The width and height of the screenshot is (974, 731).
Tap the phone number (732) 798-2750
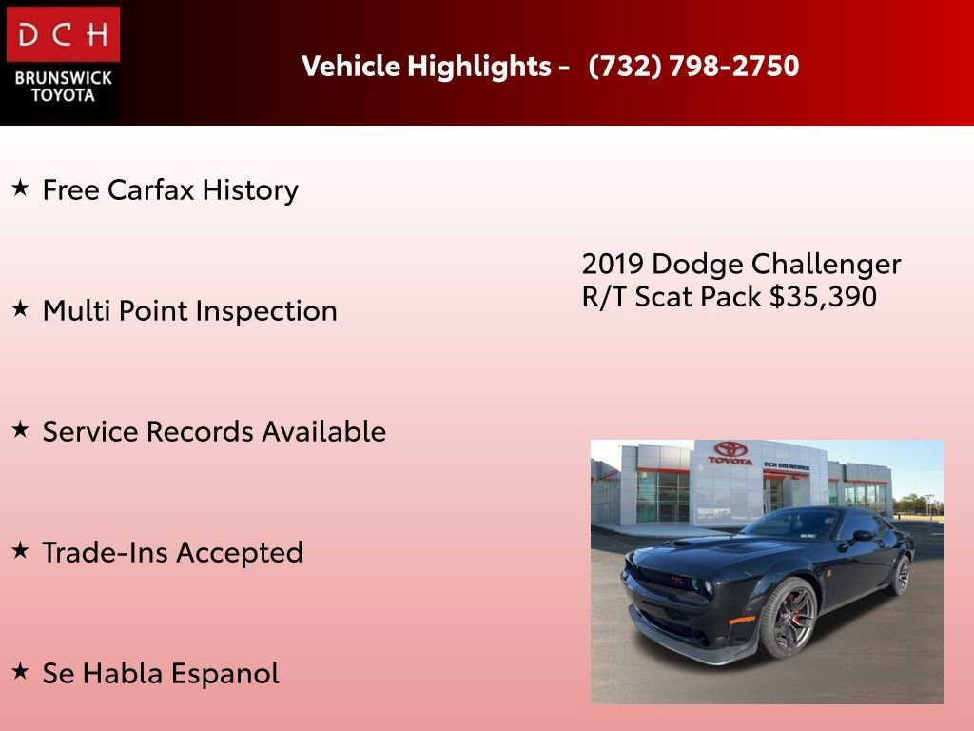[x=693, y=67]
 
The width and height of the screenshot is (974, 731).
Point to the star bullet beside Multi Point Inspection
[x=21, y=309]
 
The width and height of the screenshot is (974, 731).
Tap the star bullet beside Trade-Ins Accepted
[x=21, y=551]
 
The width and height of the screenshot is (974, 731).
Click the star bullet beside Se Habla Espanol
[x=21, y=672]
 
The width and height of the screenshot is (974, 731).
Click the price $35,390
[x=823, y=297]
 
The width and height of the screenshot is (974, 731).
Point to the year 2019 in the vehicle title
[x=613, y=264]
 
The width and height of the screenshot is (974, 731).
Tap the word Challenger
[x=826, y=264]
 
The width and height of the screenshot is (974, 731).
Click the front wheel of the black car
[x=787, y=618]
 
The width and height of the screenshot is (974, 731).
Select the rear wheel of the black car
[x=899, y=574]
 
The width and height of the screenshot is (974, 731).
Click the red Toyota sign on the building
[x=730, y=453]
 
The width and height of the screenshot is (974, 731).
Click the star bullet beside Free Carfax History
[x=21, y=188]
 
